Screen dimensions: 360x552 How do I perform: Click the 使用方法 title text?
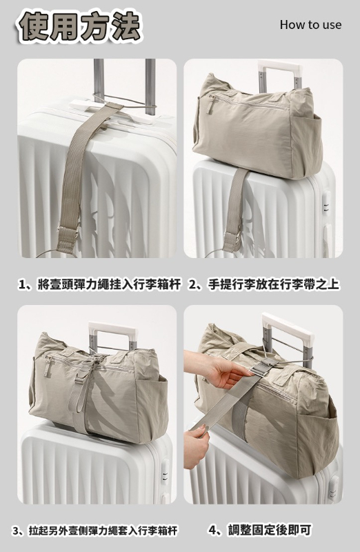coord(79,26)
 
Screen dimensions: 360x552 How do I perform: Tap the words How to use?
coord(310,25)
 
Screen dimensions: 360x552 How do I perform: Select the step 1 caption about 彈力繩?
coord(100,284)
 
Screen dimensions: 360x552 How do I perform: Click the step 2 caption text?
coord(265,284)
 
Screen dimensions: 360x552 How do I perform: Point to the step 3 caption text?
coord(94,531)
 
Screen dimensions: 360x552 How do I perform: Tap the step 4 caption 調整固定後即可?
coord(260,530)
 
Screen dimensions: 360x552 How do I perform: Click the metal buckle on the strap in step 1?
coord(67,233)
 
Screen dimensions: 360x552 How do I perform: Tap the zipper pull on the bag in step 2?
coord(210,105)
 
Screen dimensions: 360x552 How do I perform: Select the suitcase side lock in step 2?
coord(327,204)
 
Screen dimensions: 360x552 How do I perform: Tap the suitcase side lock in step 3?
coord(165,472)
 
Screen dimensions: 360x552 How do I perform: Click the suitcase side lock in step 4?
coord(333,489)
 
